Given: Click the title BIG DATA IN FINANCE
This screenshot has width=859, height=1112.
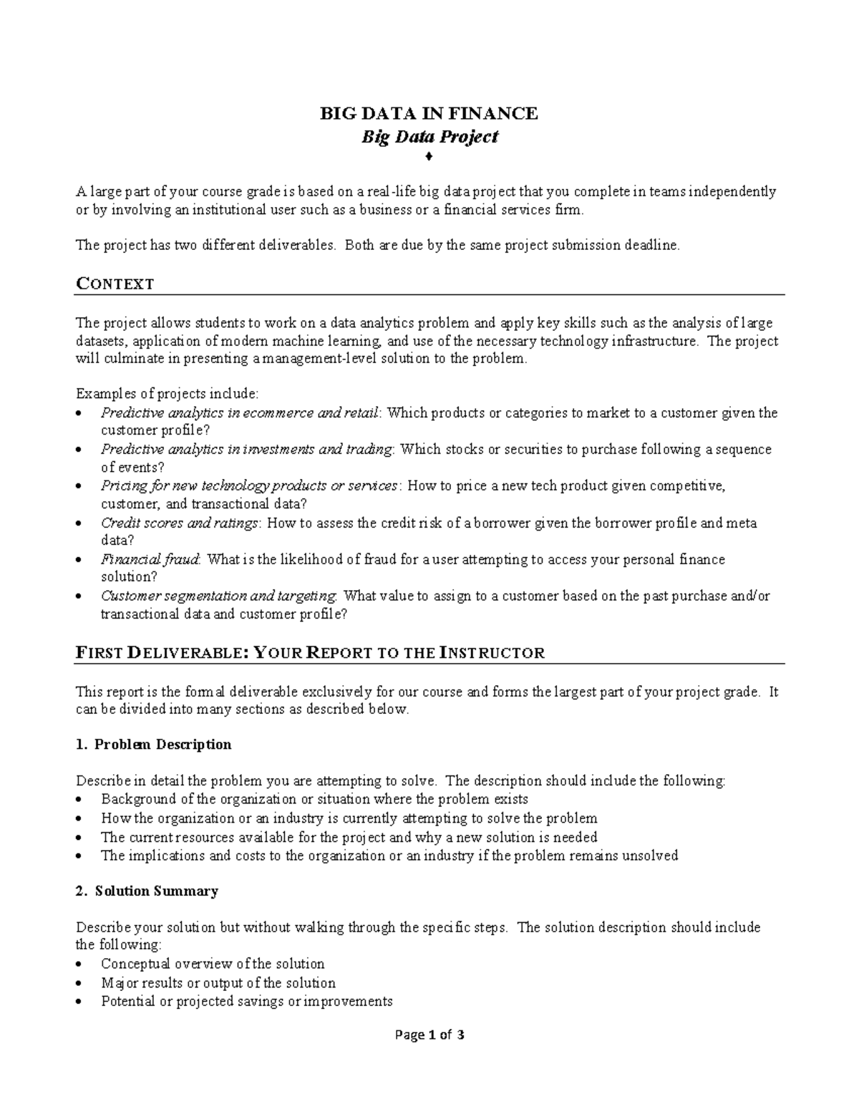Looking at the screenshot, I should tap(429, 113).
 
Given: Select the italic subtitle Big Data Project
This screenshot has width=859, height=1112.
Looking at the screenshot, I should tap(429, 136).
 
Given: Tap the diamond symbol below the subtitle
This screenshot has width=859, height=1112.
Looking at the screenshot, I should tap(429, 156).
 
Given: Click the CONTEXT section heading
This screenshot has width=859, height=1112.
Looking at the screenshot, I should tap(115, 284).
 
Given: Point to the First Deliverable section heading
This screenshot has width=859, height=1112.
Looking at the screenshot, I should tap(310, 652).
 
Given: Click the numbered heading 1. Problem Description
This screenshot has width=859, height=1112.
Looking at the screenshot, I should tap(153, 745).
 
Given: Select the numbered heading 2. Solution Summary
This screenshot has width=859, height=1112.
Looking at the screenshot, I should tap(147, 891).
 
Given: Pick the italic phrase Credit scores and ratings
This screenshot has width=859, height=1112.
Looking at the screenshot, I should tap(180, 523).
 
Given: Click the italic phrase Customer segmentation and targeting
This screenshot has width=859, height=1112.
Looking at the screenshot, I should tap(219, 596).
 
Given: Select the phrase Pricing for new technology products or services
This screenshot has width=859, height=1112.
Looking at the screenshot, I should tap(250, 486).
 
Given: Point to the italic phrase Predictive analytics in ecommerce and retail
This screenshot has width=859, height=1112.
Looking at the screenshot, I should tap(241, 413).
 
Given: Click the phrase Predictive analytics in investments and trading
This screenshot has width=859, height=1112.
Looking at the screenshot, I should tap(247, 450).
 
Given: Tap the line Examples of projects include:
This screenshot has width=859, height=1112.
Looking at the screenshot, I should tap(168, 394).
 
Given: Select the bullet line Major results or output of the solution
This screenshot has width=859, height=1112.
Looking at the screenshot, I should tap(218, 983).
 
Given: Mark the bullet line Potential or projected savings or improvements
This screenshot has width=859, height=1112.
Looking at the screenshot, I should tap(247, 1001).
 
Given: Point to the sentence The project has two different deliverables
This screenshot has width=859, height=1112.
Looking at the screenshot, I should tap(205, 245).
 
